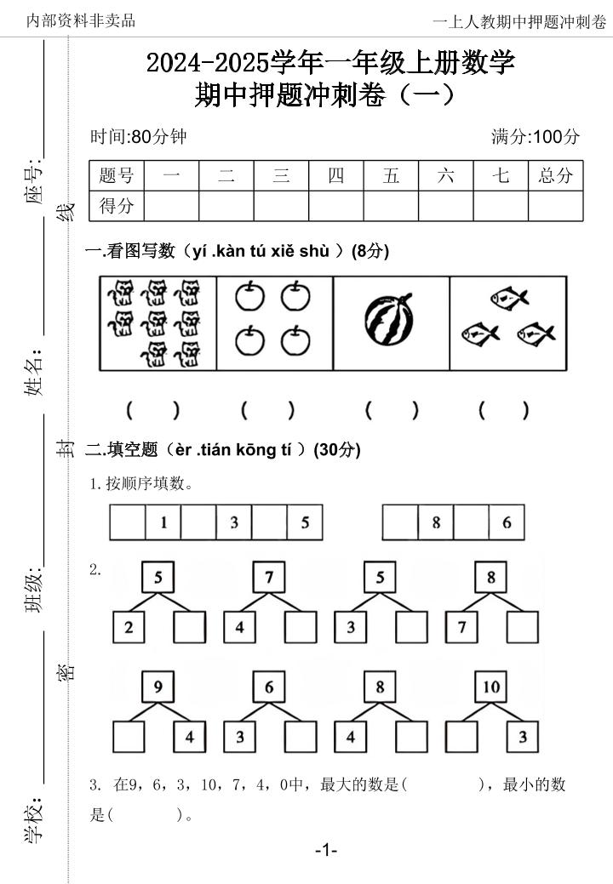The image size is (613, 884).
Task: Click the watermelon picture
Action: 391,322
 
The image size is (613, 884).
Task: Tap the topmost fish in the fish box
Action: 509,297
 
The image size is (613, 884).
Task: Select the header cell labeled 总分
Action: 555,176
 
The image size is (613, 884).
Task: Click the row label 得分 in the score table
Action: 117,205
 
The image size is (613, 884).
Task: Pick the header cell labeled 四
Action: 336,176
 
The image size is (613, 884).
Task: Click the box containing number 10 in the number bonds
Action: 492,687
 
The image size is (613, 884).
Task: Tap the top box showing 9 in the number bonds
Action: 158,687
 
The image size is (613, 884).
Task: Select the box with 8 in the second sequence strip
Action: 435,522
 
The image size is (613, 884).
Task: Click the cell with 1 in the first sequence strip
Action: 163,522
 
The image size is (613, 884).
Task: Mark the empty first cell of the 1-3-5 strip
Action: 127,522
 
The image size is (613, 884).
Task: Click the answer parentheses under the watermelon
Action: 392,410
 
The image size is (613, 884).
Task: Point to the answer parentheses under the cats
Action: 153,410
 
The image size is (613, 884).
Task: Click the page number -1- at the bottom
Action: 326,850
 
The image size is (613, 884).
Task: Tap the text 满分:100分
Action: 536,137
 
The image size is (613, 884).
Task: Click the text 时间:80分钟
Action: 139,137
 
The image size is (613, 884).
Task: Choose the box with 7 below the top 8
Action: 461,628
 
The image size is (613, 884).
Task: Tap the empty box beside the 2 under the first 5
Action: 189,628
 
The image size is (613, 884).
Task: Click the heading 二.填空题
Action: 123,450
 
